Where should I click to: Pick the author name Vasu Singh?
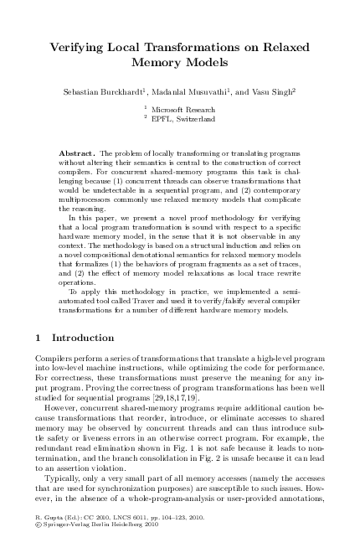(x=271, y=89)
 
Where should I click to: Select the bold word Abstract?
(x=77, y=155)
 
